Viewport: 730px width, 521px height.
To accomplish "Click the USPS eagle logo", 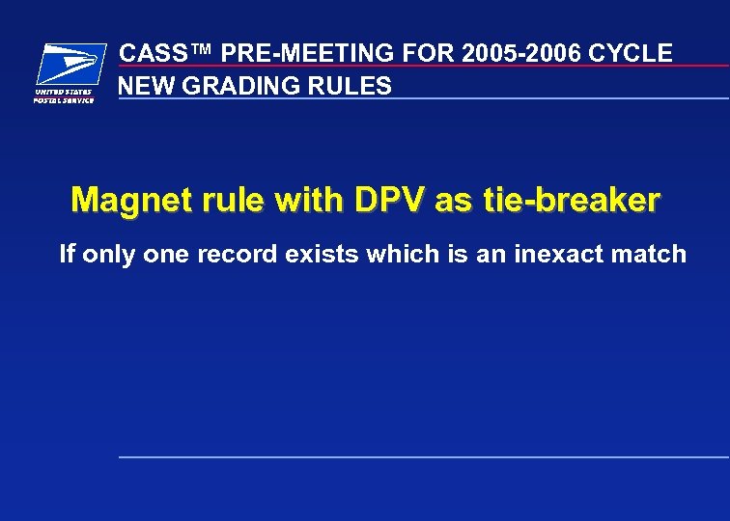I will point(70,65).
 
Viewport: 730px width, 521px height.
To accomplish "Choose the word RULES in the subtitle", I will point(353,86).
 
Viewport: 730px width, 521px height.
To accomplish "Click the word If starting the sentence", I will point(67,255).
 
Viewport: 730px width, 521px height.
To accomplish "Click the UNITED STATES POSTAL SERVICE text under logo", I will point(64,96).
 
